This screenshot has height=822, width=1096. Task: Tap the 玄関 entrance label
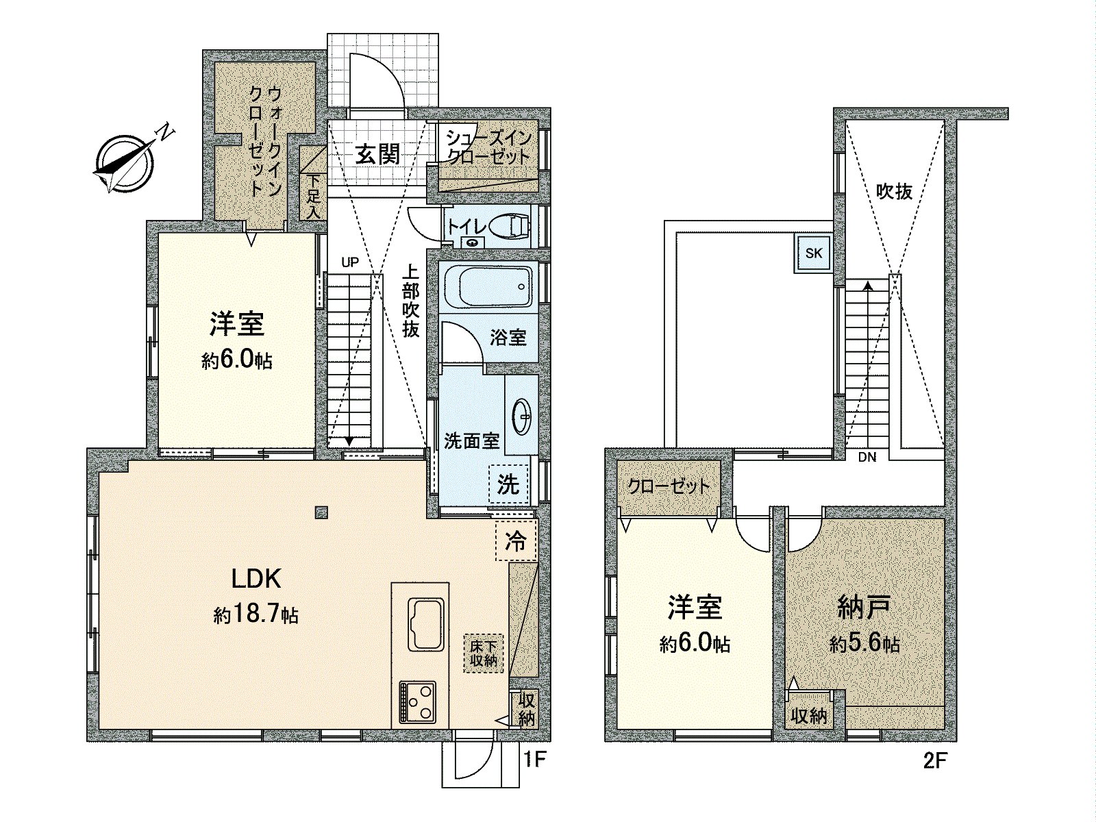(377, 154)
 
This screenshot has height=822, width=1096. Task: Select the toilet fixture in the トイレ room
(510, 225)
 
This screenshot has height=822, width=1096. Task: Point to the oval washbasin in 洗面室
(523, 416)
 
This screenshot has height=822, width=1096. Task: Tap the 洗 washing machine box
(508, 485)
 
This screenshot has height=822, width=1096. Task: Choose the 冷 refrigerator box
(515, 540)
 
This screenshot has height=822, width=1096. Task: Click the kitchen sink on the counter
(426, 624)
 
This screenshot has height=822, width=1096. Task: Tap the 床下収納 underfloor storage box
(484, 653)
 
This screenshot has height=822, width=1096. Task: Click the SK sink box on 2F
(813, 253)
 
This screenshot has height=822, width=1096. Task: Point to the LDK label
(256, 580)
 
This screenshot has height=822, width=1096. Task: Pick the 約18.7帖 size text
(256, 615)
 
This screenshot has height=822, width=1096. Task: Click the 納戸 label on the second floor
(864, 607)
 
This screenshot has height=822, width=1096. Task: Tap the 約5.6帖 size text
(864, 644)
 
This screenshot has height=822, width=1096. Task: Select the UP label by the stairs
(350, 261)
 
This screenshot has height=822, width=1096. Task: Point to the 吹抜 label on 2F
(895, 192)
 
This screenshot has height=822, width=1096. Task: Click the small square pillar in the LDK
(321, 511)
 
